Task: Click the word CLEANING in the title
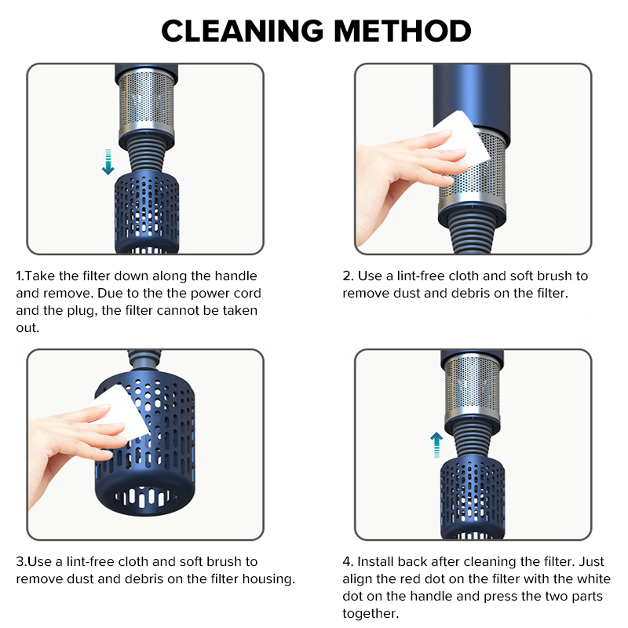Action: click(x=243, y=31)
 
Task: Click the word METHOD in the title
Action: click(x=403, y=31)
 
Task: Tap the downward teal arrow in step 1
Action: click(x=108, y=162)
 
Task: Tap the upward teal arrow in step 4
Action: click(x=436, y=444)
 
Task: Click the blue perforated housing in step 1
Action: click(x=147, y=212)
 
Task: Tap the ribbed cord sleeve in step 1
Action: click(x=147, y=157)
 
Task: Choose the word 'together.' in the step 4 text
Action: click(x=371, y=614)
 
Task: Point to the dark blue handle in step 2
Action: click(x=472, y=96)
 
